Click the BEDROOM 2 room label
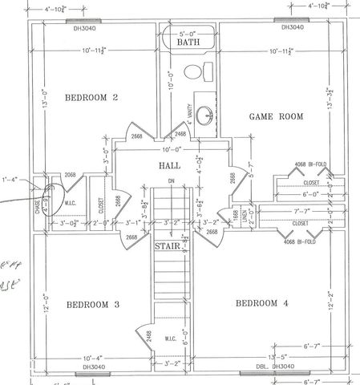91,99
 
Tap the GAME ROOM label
274,116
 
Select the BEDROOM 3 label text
92,305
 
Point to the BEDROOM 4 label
263,304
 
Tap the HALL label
168,166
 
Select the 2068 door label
71,174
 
